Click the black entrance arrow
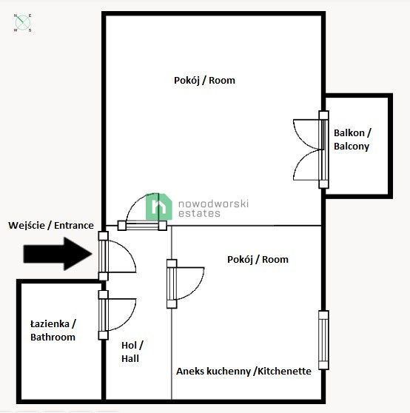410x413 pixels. coord(58,254)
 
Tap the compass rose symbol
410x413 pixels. coord(23,23)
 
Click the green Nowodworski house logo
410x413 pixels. coord(159,206)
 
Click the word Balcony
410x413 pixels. coord(352,147)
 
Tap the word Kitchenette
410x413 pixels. coord(284,371)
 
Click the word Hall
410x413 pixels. coord(130,358)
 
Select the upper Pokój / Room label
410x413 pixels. coord(204,81)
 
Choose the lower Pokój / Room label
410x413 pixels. coord(258,260)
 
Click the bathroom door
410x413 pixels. coord(117,315)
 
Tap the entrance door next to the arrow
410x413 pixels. coord(117,256)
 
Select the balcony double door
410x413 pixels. coord(311,150)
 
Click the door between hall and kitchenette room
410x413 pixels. coord(185,283)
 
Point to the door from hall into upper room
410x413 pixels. coord(142,212)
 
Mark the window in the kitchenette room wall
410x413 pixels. coord(323,340)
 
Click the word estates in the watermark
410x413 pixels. coord(199,213)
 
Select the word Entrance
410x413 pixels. coord(74,226)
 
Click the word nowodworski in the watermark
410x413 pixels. coord(213,204)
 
